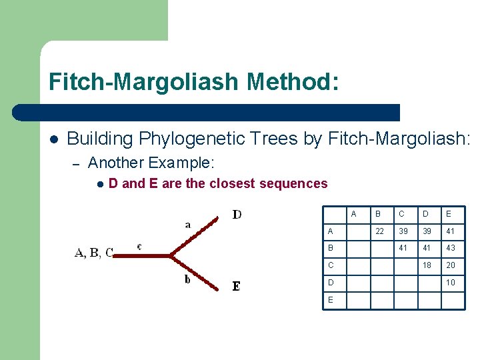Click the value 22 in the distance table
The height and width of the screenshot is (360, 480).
pos(379,231)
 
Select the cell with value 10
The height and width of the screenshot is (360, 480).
pos(451,282)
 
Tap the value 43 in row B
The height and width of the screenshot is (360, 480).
pos(451,247)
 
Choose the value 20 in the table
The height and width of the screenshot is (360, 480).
pos(451,265)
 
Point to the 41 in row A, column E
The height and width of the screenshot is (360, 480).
pos(451,231)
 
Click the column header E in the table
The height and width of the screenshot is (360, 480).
pos(449,214)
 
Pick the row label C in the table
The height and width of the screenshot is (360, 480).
pos(330,265)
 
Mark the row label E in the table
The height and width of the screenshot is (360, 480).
pos(330,300)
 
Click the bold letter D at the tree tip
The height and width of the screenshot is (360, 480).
pos(237,214)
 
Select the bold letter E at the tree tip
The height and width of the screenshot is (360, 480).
pos(236,286)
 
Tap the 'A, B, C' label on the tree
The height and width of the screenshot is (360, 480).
pos(94,252)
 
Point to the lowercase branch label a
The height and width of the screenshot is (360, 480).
pos(188,225)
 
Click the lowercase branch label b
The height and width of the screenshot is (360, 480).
pos(188,279)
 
